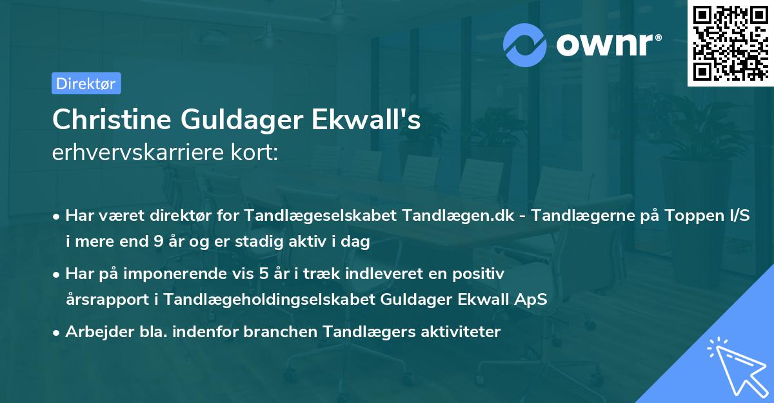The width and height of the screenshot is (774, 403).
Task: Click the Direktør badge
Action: [86, 83]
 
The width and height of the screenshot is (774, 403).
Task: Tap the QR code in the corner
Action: [727, 43]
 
